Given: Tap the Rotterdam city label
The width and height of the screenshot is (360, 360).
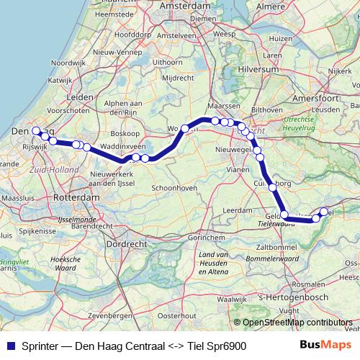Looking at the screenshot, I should coord(76,197).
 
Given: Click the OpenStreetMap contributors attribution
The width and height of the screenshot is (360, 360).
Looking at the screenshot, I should coord(297,323).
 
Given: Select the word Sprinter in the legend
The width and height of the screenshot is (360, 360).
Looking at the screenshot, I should coord(42,346).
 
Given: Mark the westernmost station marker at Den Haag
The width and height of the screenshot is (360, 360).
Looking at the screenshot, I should coord(35,131).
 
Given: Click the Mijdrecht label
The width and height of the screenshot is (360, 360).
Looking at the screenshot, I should coord(177,77).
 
